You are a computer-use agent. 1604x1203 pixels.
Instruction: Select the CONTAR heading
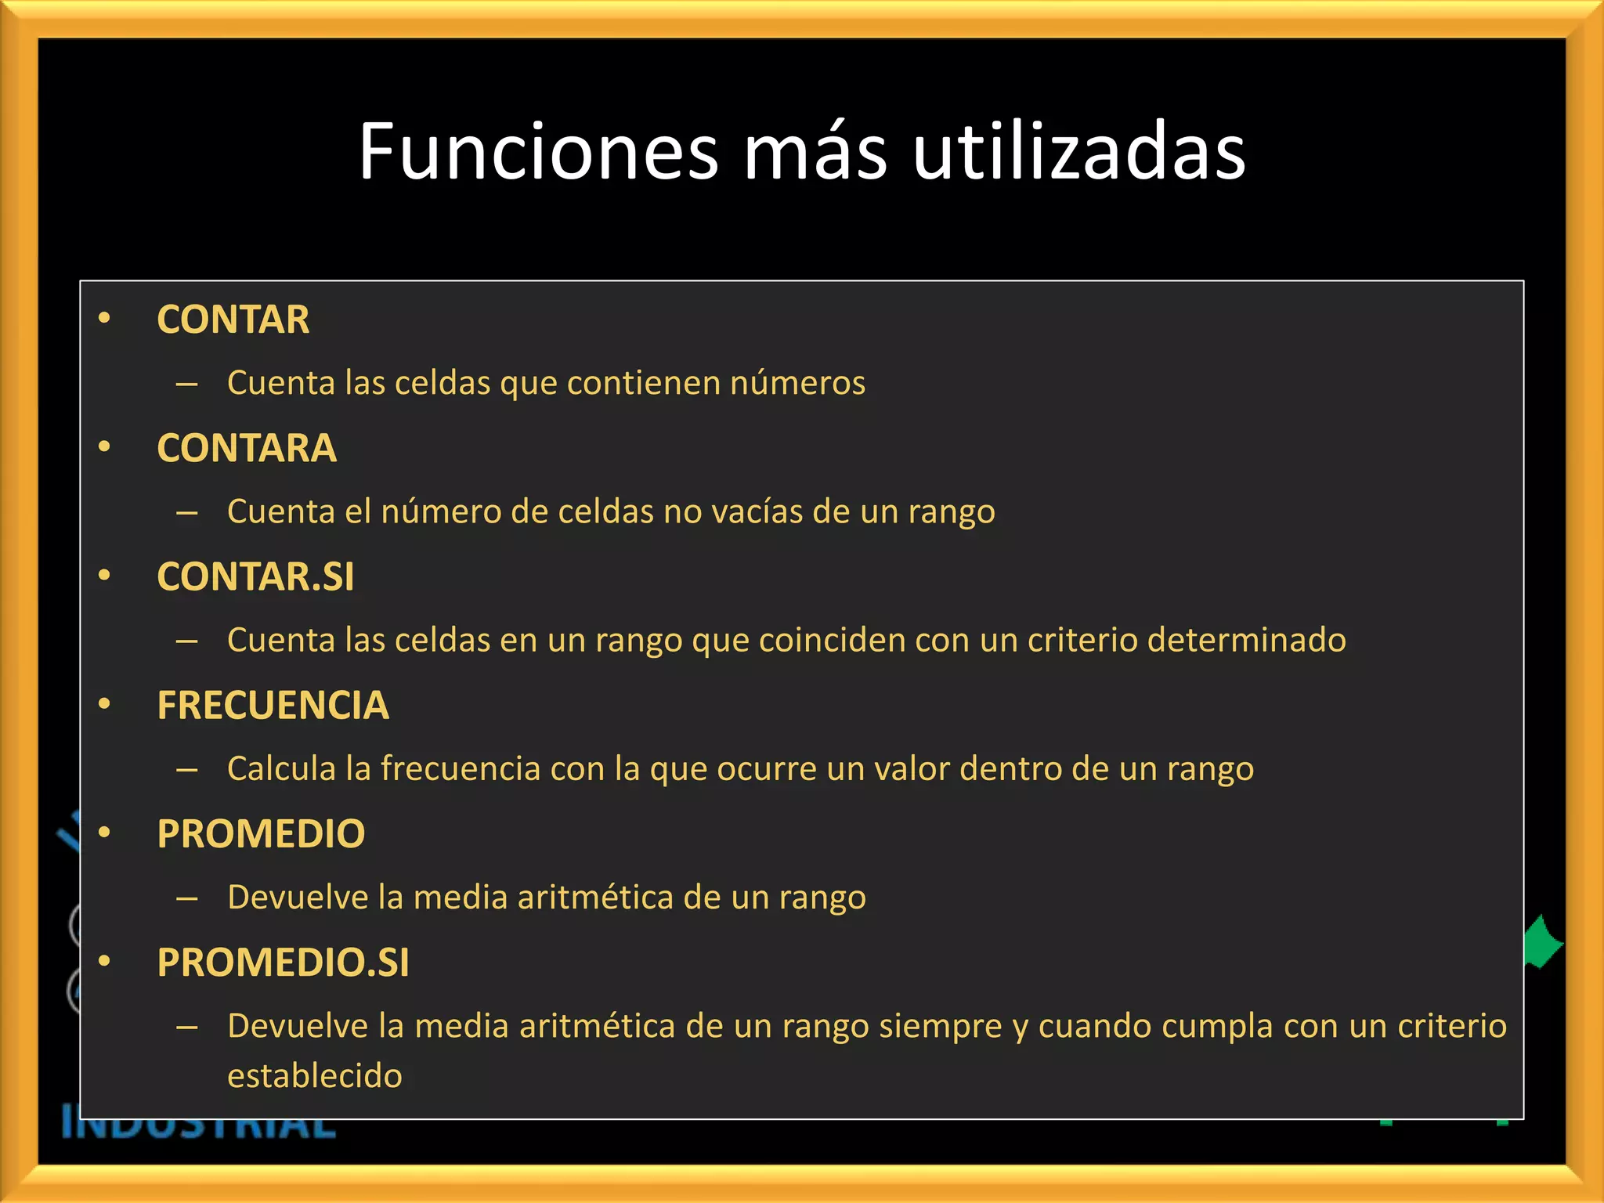(233, 320)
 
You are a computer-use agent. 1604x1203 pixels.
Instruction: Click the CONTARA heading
(247, 448)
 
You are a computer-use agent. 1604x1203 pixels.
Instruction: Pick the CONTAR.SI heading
(255, 576)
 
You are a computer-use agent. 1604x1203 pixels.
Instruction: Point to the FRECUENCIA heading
(273, 705)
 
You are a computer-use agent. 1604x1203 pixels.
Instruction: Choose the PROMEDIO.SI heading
(283, 962)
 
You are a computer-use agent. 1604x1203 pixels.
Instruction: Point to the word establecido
(315, 1075)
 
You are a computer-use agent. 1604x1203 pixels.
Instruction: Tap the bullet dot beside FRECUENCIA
(104, 704)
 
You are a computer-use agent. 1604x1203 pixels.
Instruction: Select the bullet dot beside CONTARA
(104, 447)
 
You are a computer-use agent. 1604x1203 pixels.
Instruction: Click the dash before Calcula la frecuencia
(186, 770)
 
